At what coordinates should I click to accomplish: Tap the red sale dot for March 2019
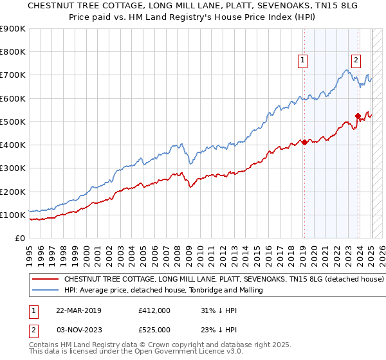coord(304,143)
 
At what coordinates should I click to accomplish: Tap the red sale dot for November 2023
coord(358,116)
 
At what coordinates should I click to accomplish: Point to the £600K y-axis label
coord(13,98)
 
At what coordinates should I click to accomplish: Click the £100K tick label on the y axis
coord(13,215)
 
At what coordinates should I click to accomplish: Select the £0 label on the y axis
coord(19,238)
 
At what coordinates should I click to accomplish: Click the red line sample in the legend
coord(46,280)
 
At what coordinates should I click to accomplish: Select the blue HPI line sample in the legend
coord(46,291)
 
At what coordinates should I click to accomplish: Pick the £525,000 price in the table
coord(155,330)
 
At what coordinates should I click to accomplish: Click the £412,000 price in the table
coord(155,310)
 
